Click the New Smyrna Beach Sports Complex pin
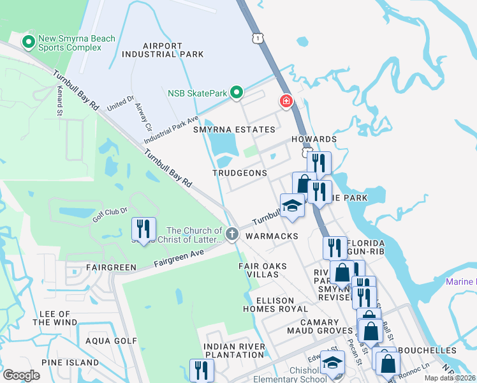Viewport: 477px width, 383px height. point(29,43)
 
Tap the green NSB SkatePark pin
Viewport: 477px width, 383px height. point(236,94)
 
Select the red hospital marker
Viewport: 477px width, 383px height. point(286,101)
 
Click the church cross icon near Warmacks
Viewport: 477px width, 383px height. point(232,236)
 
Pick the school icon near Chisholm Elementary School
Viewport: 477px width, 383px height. point(331,363)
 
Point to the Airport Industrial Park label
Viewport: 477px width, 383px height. point(163,51)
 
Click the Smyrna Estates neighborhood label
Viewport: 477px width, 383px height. point(234,130)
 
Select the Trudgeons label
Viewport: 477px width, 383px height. point(240,174)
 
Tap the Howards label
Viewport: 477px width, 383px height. point(313,139)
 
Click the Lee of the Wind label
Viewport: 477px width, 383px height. point(54,318)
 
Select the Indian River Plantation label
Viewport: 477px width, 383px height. point(234,350)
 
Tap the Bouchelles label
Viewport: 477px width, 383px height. point(430,350)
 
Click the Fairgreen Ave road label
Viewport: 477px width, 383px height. point(179,258)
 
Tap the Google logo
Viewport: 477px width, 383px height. point(22,375)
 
